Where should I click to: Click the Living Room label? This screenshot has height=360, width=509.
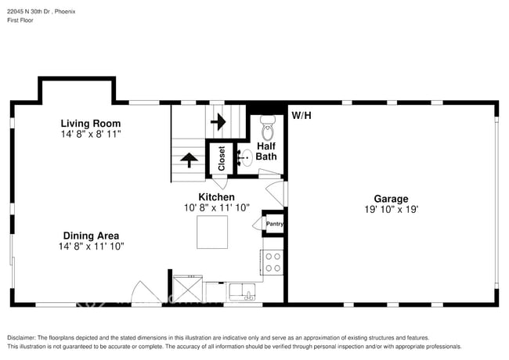[x=91, y=124]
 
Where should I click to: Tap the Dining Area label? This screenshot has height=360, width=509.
[x=91, y=236]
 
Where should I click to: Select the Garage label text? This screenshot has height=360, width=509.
[x=390, y=199]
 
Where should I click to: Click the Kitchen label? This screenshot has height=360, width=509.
[x=216, y=197]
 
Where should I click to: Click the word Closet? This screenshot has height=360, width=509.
[x=222, y=159]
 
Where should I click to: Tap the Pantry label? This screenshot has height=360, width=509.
[x=274, y=224]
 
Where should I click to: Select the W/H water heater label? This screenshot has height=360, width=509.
[x=301, y=116]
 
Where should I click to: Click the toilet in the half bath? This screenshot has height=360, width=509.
[x=268, y=124]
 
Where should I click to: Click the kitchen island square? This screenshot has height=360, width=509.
[x=212, y=232]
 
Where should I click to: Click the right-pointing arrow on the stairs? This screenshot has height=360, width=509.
[x=218, y=121]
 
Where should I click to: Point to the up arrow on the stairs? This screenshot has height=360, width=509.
[x=189, y=159]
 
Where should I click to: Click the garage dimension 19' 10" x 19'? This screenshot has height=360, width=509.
[x=390, y=210]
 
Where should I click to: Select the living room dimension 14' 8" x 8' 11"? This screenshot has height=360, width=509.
[x=91, y=135]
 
